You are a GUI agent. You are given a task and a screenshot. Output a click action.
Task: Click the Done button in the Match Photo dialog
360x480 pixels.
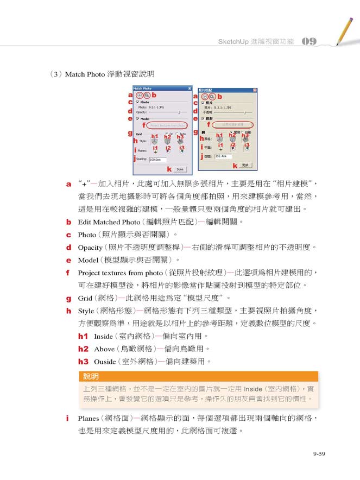point(180,169)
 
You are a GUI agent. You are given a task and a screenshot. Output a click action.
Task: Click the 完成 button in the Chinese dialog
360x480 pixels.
point(245,166)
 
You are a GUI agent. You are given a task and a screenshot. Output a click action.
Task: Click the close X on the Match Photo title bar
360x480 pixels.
point(189,89)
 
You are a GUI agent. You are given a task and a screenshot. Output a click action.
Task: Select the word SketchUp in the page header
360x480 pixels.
point(232,42)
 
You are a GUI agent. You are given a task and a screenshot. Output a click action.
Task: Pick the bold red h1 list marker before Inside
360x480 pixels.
point(83,337)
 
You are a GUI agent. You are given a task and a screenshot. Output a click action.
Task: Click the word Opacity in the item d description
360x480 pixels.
point(90,248)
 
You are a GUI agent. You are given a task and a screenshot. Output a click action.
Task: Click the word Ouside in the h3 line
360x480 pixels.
point(105,361)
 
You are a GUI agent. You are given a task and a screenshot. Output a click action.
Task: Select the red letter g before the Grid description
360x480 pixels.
point(69,298)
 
